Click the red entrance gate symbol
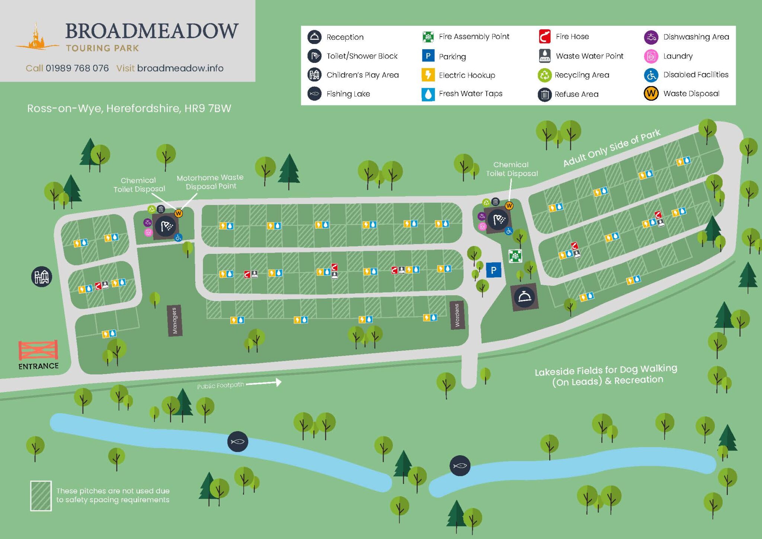(x=38, y=350)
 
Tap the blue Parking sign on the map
(x=493, y=270)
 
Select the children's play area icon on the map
(x=41, y=277)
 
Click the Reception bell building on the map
(x=524, y=297)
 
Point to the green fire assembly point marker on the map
(x=515, y=256)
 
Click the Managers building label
(x=174, y=320)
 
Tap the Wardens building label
(x=457, y=315)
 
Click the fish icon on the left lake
(x=237, y=441)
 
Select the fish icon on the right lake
(x=460, y=465)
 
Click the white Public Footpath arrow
(x=264, y=382)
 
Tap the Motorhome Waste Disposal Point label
(x=211, y=182)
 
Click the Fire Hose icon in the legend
(x=545, y=36)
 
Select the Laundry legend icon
(x=651, y=56)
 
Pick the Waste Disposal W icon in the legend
(x=651, y=93)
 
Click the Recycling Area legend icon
(x=544, y=75)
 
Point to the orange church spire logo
(x=36, y=37)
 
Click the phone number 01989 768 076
(x=77, y=68)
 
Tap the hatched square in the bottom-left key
(x=41, y=495)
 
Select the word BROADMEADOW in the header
(x=152, y=31)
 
